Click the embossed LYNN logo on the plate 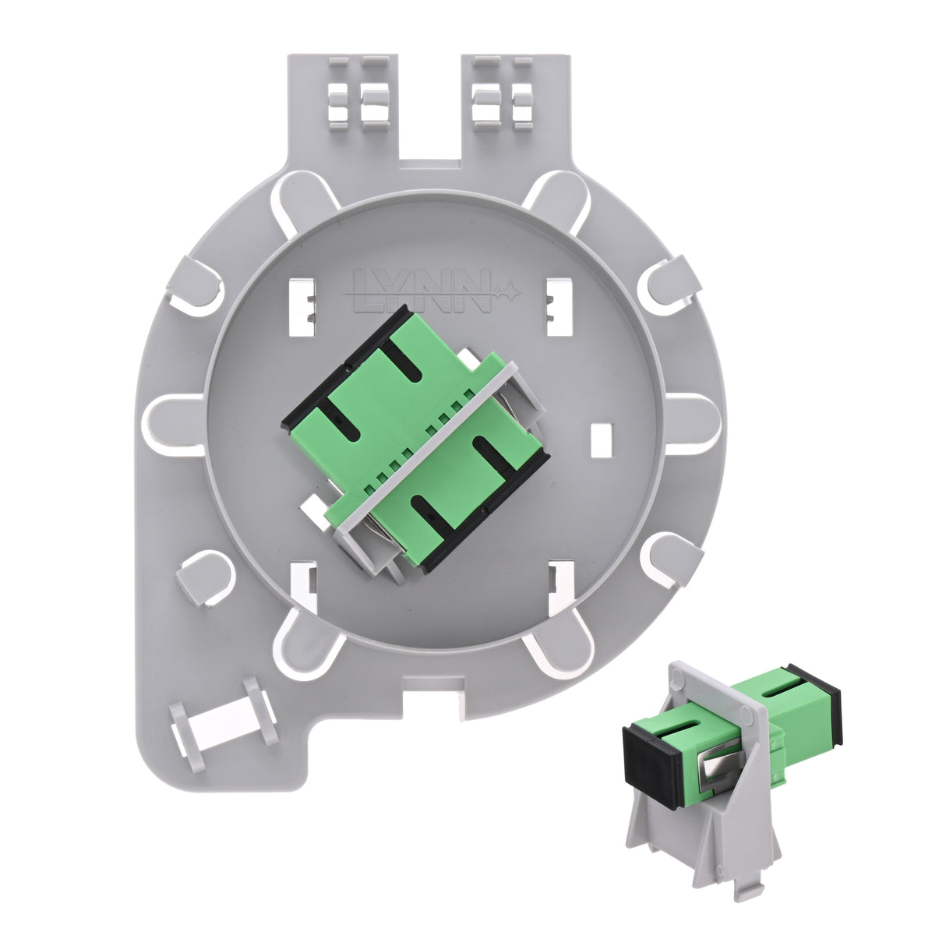[x=432, y=291]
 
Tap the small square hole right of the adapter [x=602, y=439]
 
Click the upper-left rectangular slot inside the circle [x=302, y=307]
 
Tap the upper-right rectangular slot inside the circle [x=559, y=307]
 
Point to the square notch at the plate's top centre [x=430, y=163]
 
